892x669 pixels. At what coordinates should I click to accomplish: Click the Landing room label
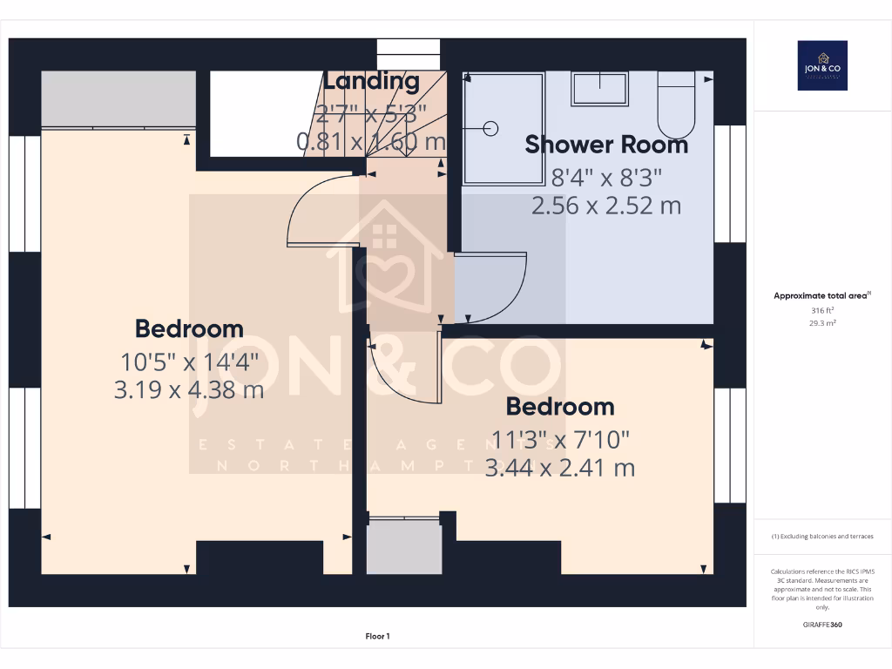point(371,82)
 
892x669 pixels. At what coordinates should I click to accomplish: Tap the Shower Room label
point(606,145)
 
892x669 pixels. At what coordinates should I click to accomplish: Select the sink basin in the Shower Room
point(600,88)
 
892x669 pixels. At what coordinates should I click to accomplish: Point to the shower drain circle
point(490,129)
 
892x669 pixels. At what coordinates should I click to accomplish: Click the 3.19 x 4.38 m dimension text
point(189,389)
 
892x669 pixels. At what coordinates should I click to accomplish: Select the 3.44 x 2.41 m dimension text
point(559,468)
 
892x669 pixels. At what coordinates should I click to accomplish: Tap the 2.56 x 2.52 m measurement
point(606,206)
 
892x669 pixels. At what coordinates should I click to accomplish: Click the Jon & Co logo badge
point(822,65)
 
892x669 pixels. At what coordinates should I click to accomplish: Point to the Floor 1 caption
point(377,637)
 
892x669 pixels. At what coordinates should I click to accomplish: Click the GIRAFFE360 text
point(822,625)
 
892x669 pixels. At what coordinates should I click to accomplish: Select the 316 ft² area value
point(822,310)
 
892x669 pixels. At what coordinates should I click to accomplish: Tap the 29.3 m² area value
point(822,323)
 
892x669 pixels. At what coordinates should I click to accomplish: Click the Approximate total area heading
point(821,296)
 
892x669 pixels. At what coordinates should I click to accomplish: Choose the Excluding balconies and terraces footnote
point(822,537)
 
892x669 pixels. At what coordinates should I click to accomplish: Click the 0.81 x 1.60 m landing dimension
point(371,141)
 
